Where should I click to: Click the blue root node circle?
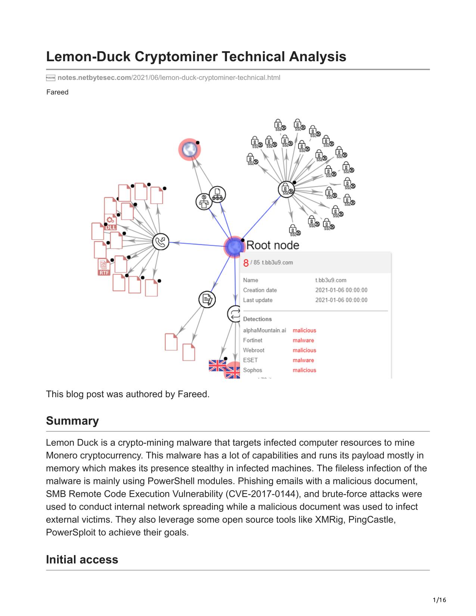(x=234, y=247)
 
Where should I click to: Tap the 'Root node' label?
(x=273, y=245)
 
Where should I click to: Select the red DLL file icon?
(x=110, y=222)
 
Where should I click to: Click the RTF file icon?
(x=104, y=267)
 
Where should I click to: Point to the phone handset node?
(x=161, y=242)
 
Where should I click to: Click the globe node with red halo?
(x=189, y=149)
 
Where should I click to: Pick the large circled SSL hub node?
(x=286, y=189)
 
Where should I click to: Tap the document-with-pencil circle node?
(x=207, y=299)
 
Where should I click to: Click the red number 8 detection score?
(x=246, y=263)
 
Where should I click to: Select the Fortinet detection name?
(x=253, y=340)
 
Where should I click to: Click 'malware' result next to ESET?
(x=304, y=360)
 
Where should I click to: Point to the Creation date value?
(x=341, y=290)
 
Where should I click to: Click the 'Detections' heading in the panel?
(x=258, y=319)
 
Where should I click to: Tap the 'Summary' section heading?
(x=72, y=421)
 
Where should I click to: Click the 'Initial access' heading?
(x=82, y=560)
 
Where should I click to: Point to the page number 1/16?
(x=439, y=600)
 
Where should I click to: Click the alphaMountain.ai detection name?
(x=265, y=330)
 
